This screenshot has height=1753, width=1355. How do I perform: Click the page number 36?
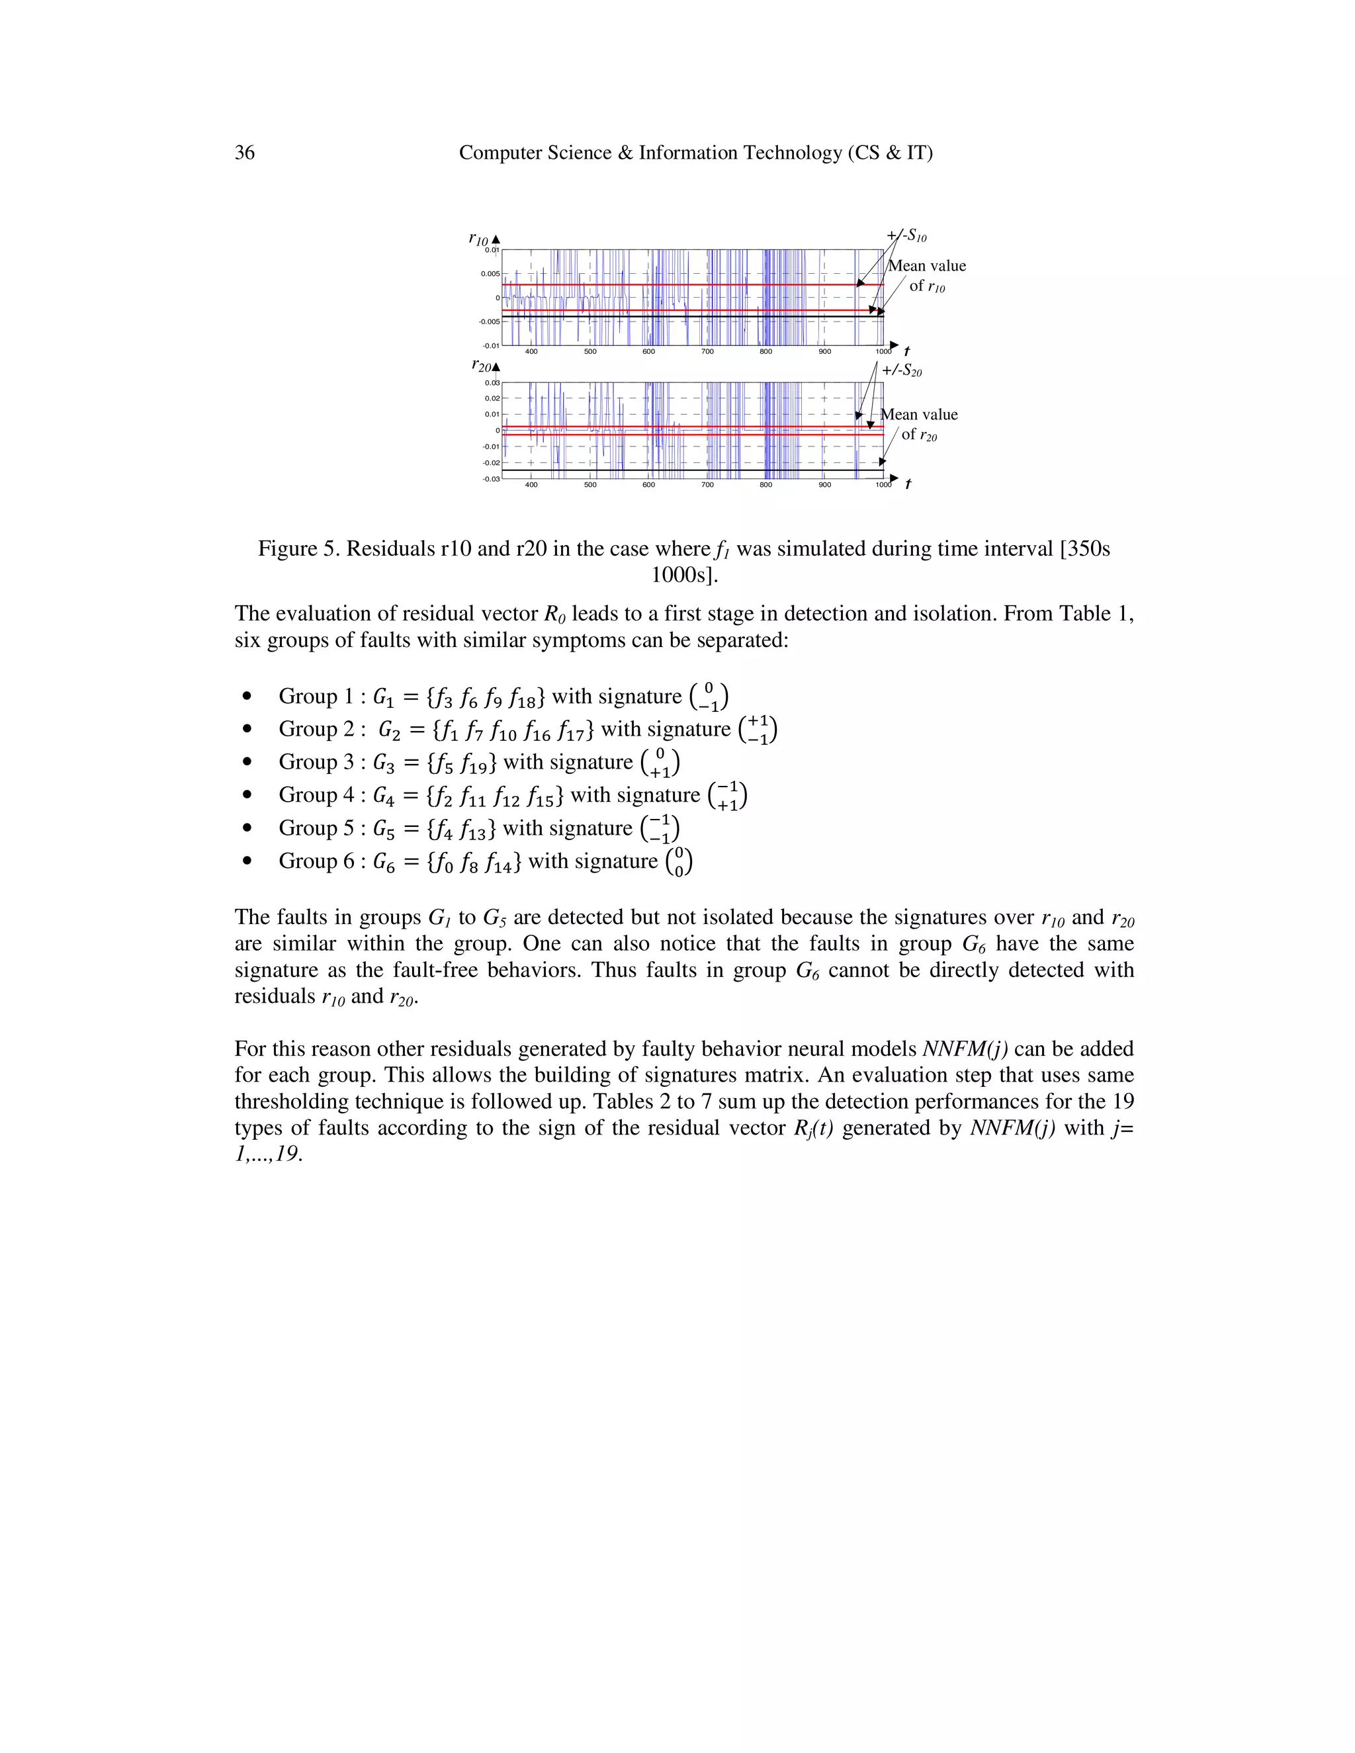244,153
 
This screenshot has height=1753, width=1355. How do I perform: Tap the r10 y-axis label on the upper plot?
478,239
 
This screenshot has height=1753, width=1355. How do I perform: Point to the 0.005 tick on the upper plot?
490,274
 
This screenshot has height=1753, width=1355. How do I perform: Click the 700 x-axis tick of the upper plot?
707,351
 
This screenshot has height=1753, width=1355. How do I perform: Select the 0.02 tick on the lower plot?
492,399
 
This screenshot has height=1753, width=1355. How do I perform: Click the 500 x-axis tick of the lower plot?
590,485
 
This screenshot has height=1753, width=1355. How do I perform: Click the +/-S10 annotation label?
906,236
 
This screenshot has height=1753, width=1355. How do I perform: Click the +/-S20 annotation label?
902,370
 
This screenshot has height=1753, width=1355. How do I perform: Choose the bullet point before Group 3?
247,761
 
